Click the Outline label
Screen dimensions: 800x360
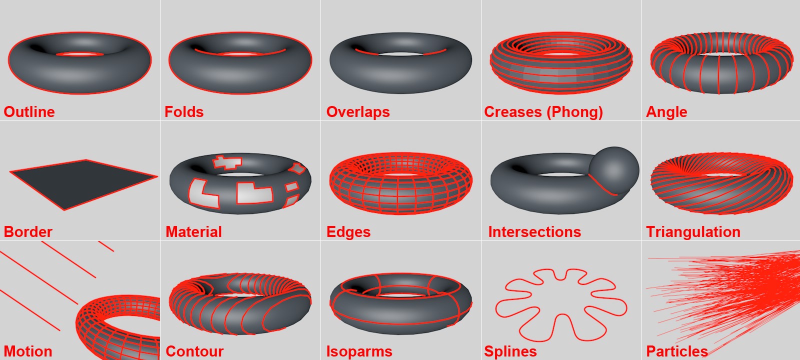click(x=29, y=111)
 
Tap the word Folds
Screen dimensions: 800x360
click(x=184, y=111)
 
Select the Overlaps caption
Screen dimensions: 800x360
click(x=358, y=111)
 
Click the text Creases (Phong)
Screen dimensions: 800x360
click(x=543, y=111)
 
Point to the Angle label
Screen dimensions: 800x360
click(x=666, y=111)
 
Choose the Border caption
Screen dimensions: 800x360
click(x=28, y=231)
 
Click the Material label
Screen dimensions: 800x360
click(x=193, y=231)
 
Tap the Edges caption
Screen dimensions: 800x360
click(x=348, y=231)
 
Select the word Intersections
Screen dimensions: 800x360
click(x=534, y=231)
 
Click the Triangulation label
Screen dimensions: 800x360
click(x=693, y=231)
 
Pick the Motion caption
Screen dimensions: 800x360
click(x=28, y=351)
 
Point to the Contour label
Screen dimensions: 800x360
click(x=194, y=351)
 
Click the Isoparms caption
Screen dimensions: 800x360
click(x=359, y=351)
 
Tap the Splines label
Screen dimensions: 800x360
click(x=510, y=351)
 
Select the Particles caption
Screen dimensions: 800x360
click(x=677, y=351)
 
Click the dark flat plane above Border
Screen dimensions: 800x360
click(x=82, y=182)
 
